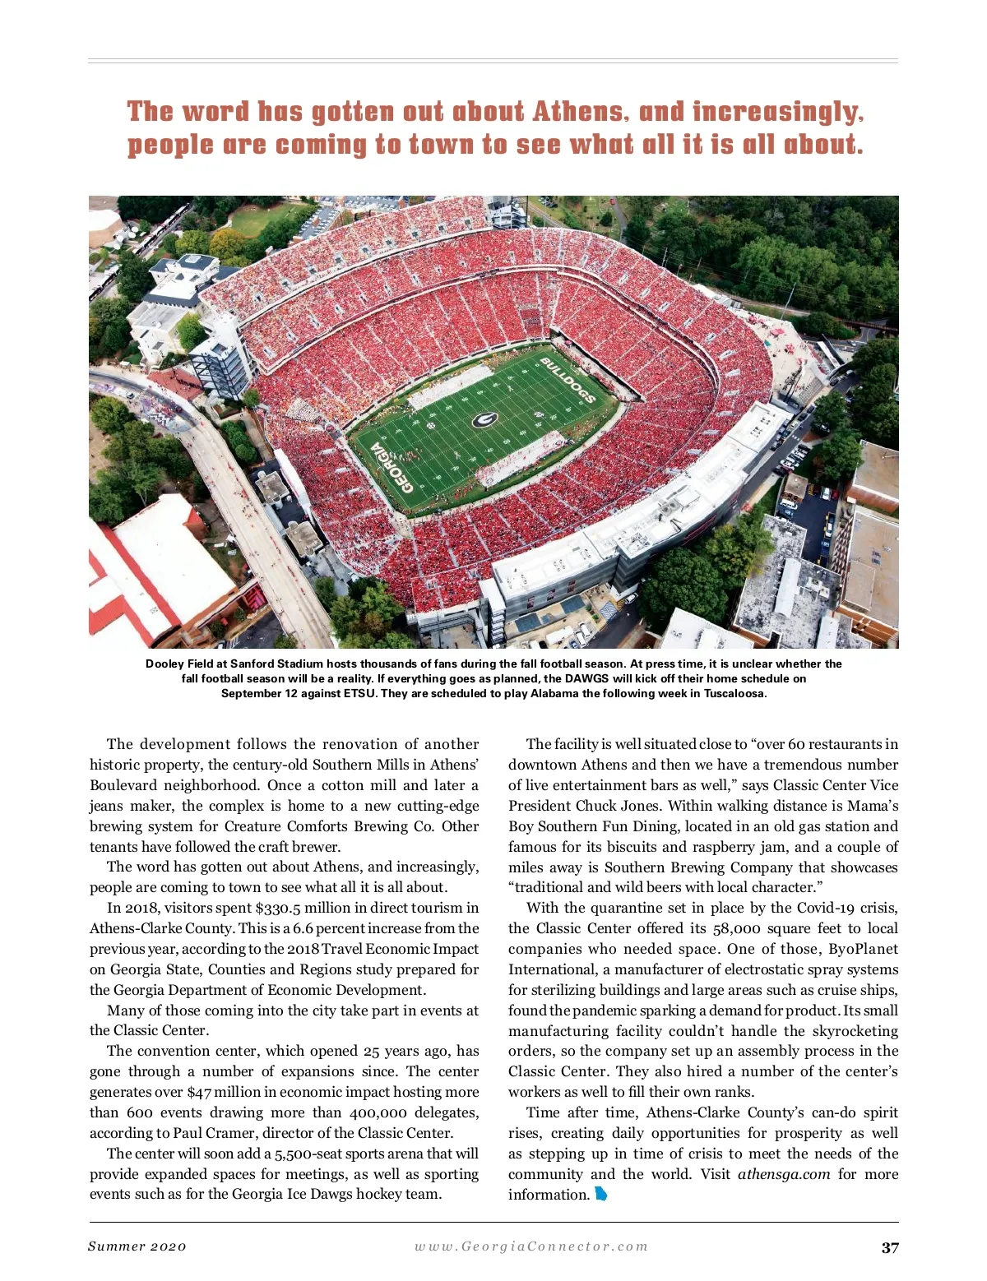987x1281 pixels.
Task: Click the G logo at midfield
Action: click(484, 420)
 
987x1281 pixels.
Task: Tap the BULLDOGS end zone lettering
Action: click(568, 381)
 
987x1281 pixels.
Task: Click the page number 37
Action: click(890, 1247)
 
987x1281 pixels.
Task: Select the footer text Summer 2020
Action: click(137, 1246)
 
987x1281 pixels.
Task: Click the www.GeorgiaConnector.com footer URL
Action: click(531, 1246)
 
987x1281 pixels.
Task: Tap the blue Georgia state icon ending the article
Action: click(601, 1194)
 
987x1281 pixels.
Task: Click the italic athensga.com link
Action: click(783, 1174)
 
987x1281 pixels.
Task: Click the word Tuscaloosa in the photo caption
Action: click(734, 693)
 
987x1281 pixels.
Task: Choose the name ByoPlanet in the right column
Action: click(863, 949)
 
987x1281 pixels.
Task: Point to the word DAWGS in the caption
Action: click(584, 678)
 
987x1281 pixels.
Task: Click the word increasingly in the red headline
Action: click(777, 112)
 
